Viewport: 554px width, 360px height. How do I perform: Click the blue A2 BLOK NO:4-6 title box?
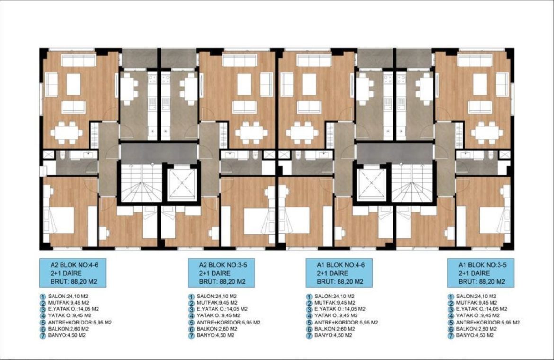pyautogui.click(x=72, y=273)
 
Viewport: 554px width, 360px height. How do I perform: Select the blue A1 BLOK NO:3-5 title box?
pyautogui.click(x=481, y=273)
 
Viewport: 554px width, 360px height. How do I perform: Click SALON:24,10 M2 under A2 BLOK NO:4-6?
pyautogui.click(x=68, y=297)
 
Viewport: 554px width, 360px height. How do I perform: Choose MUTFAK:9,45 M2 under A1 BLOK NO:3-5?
pyautogui.click(x=476, y=303)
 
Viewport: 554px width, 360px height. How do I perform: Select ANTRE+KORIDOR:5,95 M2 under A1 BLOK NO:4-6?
pyautogui.click(x=346, y=323)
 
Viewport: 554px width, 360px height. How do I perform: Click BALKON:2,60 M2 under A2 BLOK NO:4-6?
pyautogui.click(x=68, y=329)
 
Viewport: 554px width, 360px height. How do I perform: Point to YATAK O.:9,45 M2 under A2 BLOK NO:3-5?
pyautogui.click(x=218, y=315)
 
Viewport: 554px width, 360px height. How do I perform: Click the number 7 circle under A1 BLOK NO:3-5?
pyautogui.click(x=451, y=336)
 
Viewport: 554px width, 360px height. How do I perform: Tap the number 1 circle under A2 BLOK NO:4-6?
pyautogui.click(x=43, y=297)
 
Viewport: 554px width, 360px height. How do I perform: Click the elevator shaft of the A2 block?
pyautogui.click(x=182, y=184)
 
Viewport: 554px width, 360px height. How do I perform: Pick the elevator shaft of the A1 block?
pyautogui.click(x=372, y=184)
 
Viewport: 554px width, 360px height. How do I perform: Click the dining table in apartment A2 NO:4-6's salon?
pyautogui.click(x=66, y=133)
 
